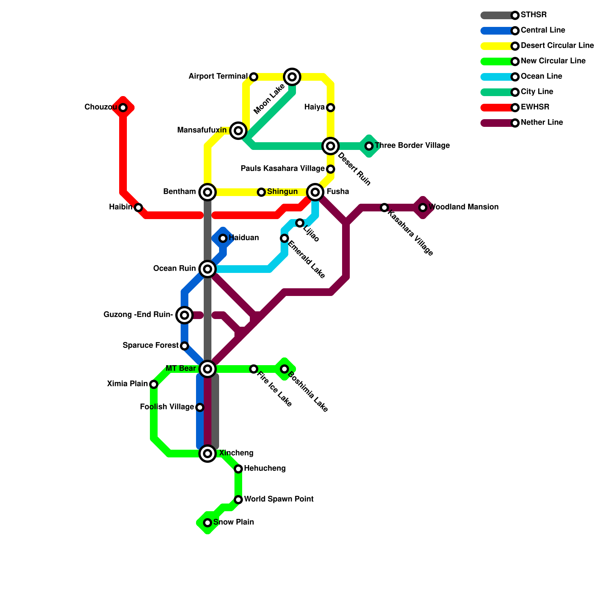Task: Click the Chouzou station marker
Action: pyautogui.click(x=123, y=108)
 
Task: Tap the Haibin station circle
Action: pyautogui.click(x=138, y=208)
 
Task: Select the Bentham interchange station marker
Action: pyautogui.click(x=208, y=192)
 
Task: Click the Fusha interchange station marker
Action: pyautogui.click(x=315, y=192)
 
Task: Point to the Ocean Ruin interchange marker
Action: pyautogui.click(x=208, y=269)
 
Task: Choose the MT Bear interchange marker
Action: pyautogui.click(x=208, y=369)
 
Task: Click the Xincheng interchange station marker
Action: pyautogui.click(x=208, y=454)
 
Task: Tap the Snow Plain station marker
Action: pyautogui.click(x=208, y=523)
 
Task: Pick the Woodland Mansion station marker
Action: pyautogui.click(x=423, y=208)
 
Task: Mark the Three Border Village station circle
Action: pyautogui.click(x=369, y=146)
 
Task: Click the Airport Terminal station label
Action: pyautogui.click(x=218, y=76)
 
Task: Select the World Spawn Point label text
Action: pyautogui.click(x=279, y=499)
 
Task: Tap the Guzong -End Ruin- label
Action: pyautogui.click(x=138, y=315)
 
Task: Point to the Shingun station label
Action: pyautogui.click(x=282, y=192)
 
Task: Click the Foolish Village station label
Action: pyautogui.click(x=167, y=407)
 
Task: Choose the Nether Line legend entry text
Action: pyautogui.click(x=542, y=123)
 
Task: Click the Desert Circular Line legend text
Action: pyautogui.click(x=557, y=46)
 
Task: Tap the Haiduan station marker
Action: pyautogui.click(x=223, y=238)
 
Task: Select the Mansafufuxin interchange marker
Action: pyautogui.click(x=238, y=131)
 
